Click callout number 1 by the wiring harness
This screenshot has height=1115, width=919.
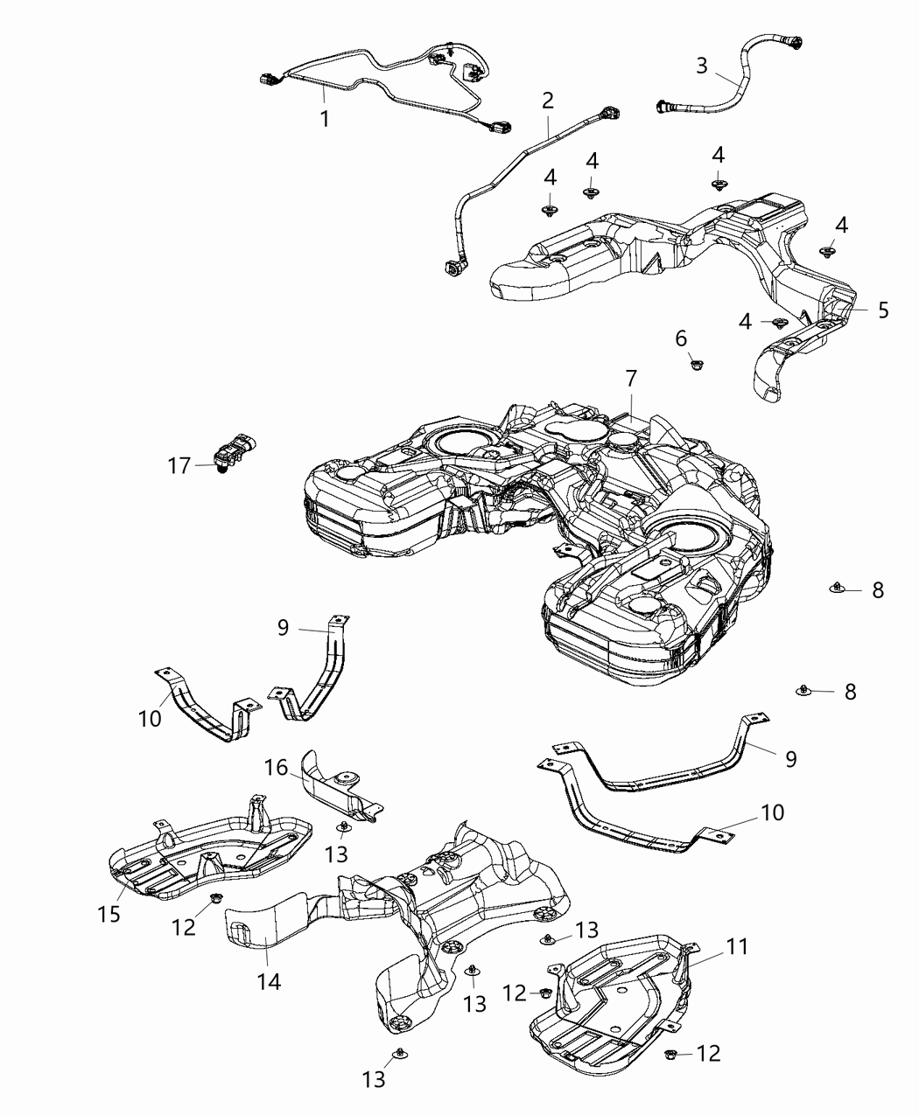325,118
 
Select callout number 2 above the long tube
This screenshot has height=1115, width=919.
548,100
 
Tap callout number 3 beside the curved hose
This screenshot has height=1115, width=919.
702,65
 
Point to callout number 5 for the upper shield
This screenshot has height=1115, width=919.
883,310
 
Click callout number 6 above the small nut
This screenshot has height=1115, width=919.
681,338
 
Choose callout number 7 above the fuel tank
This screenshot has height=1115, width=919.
631,378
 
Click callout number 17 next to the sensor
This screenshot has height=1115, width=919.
179,466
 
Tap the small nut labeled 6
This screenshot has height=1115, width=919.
697,362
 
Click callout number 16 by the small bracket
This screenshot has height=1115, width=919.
277,768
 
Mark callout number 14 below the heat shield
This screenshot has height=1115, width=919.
269,981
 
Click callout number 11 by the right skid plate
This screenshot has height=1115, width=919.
738,945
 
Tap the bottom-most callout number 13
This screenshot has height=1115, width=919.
374,1080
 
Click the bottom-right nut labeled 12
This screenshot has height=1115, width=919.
672,1053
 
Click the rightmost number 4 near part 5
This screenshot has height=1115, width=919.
841,225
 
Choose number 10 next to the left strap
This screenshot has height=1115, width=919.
150,718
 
